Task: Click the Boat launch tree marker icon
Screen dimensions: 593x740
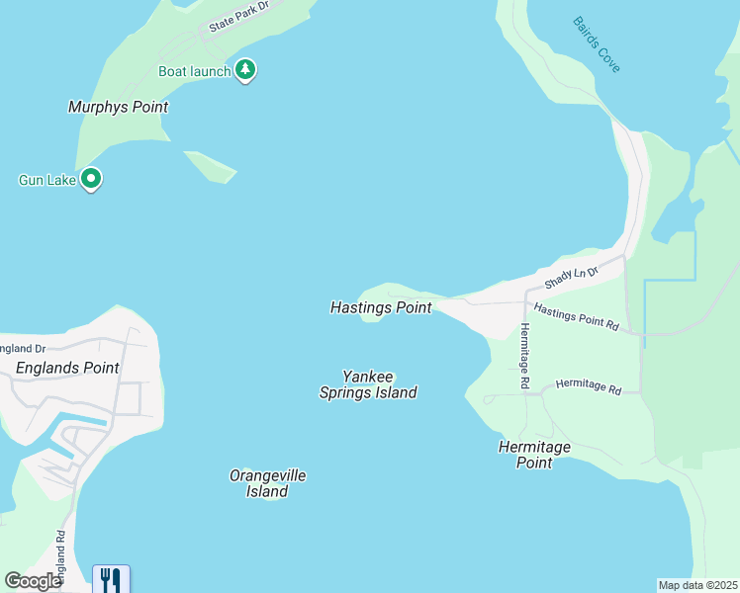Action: click(245, 70)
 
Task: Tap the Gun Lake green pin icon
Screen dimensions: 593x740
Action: click(91, 179)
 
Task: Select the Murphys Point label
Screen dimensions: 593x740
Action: click(118, 107)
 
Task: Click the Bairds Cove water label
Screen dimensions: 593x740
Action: click(597, 44)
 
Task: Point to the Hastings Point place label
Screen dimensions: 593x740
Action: click(381, 307)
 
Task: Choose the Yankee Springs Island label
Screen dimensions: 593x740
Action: click(367, 384)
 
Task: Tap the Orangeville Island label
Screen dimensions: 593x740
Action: click(267, 483)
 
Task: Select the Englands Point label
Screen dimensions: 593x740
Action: click(67, 368)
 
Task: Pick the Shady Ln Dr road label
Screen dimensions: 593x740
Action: click(572, 278)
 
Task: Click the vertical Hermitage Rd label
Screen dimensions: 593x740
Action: click(524, 355)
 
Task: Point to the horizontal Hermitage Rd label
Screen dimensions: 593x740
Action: click(589, 385)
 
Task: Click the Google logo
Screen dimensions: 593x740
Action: click(33, 581)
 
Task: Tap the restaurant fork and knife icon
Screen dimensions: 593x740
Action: click(111, 578)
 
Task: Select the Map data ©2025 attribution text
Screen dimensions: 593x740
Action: click(697, 585)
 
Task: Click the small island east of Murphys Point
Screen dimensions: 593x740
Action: click(211, 166)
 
